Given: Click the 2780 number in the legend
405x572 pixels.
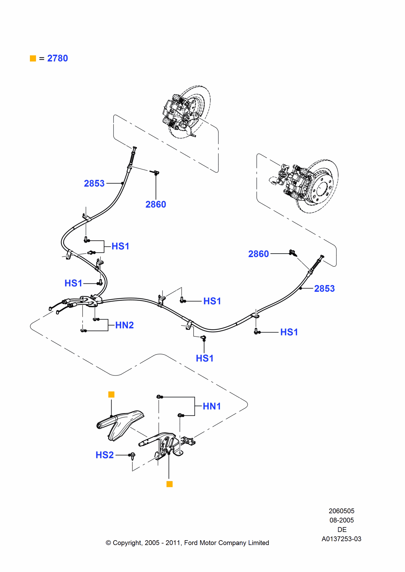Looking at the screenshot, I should (x=58, y=58).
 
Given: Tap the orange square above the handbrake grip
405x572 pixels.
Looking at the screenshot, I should (x=111, y=394).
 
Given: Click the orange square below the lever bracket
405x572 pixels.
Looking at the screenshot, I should (x=169, y=484).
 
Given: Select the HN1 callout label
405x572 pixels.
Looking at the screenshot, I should (x=212, y=406).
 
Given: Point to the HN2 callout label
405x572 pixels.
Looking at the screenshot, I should (x=124, y=325).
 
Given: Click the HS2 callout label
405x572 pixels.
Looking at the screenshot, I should (x=104, y=455).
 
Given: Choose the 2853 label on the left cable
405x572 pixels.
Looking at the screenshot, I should (x=94, y=183).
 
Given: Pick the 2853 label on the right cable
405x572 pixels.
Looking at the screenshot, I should (x=324, y=288).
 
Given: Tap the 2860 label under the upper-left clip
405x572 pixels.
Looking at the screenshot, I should (x=156, y=204).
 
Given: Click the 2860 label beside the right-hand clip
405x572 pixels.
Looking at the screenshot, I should (x=258, y=254).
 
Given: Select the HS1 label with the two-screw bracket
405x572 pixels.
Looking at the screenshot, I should (x=120, y=246).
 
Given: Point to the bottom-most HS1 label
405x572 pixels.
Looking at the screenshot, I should (x=204, y=358).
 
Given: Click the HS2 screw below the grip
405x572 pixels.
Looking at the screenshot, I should (x=132, y=456).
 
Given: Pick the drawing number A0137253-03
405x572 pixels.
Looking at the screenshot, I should (x=341, y=539).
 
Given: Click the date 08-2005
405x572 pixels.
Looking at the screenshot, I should (x=341, y=520).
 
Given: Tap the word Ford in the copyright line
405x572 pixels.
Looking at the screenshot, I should (x=191, y=543).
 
